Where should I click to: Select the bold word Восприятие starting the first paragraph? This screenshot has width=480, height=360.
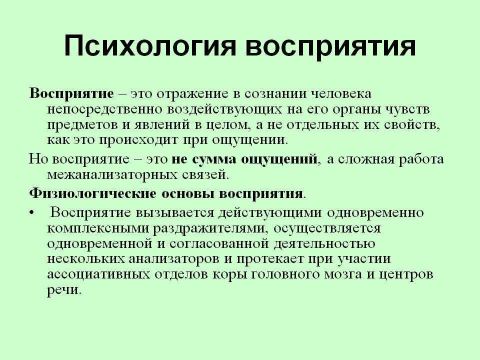pyautogui.click(x=71, y=94)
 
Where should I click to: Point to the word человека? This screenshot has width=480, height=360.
pyautogui.click(x=341, y=93)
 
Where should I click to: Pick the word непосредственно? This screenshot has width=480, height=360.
pyautogui.click(x=104, y=109)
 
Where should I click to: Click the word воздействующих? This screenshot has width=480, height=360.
pyautogui.click(x=224, y=109)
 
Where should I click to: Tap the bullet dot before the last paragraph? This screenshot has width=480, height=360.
pyautogui.click(x=31, y=213)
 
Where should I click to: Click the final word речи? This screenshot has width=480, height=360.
pyautogui.click(x=64, y=290)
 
